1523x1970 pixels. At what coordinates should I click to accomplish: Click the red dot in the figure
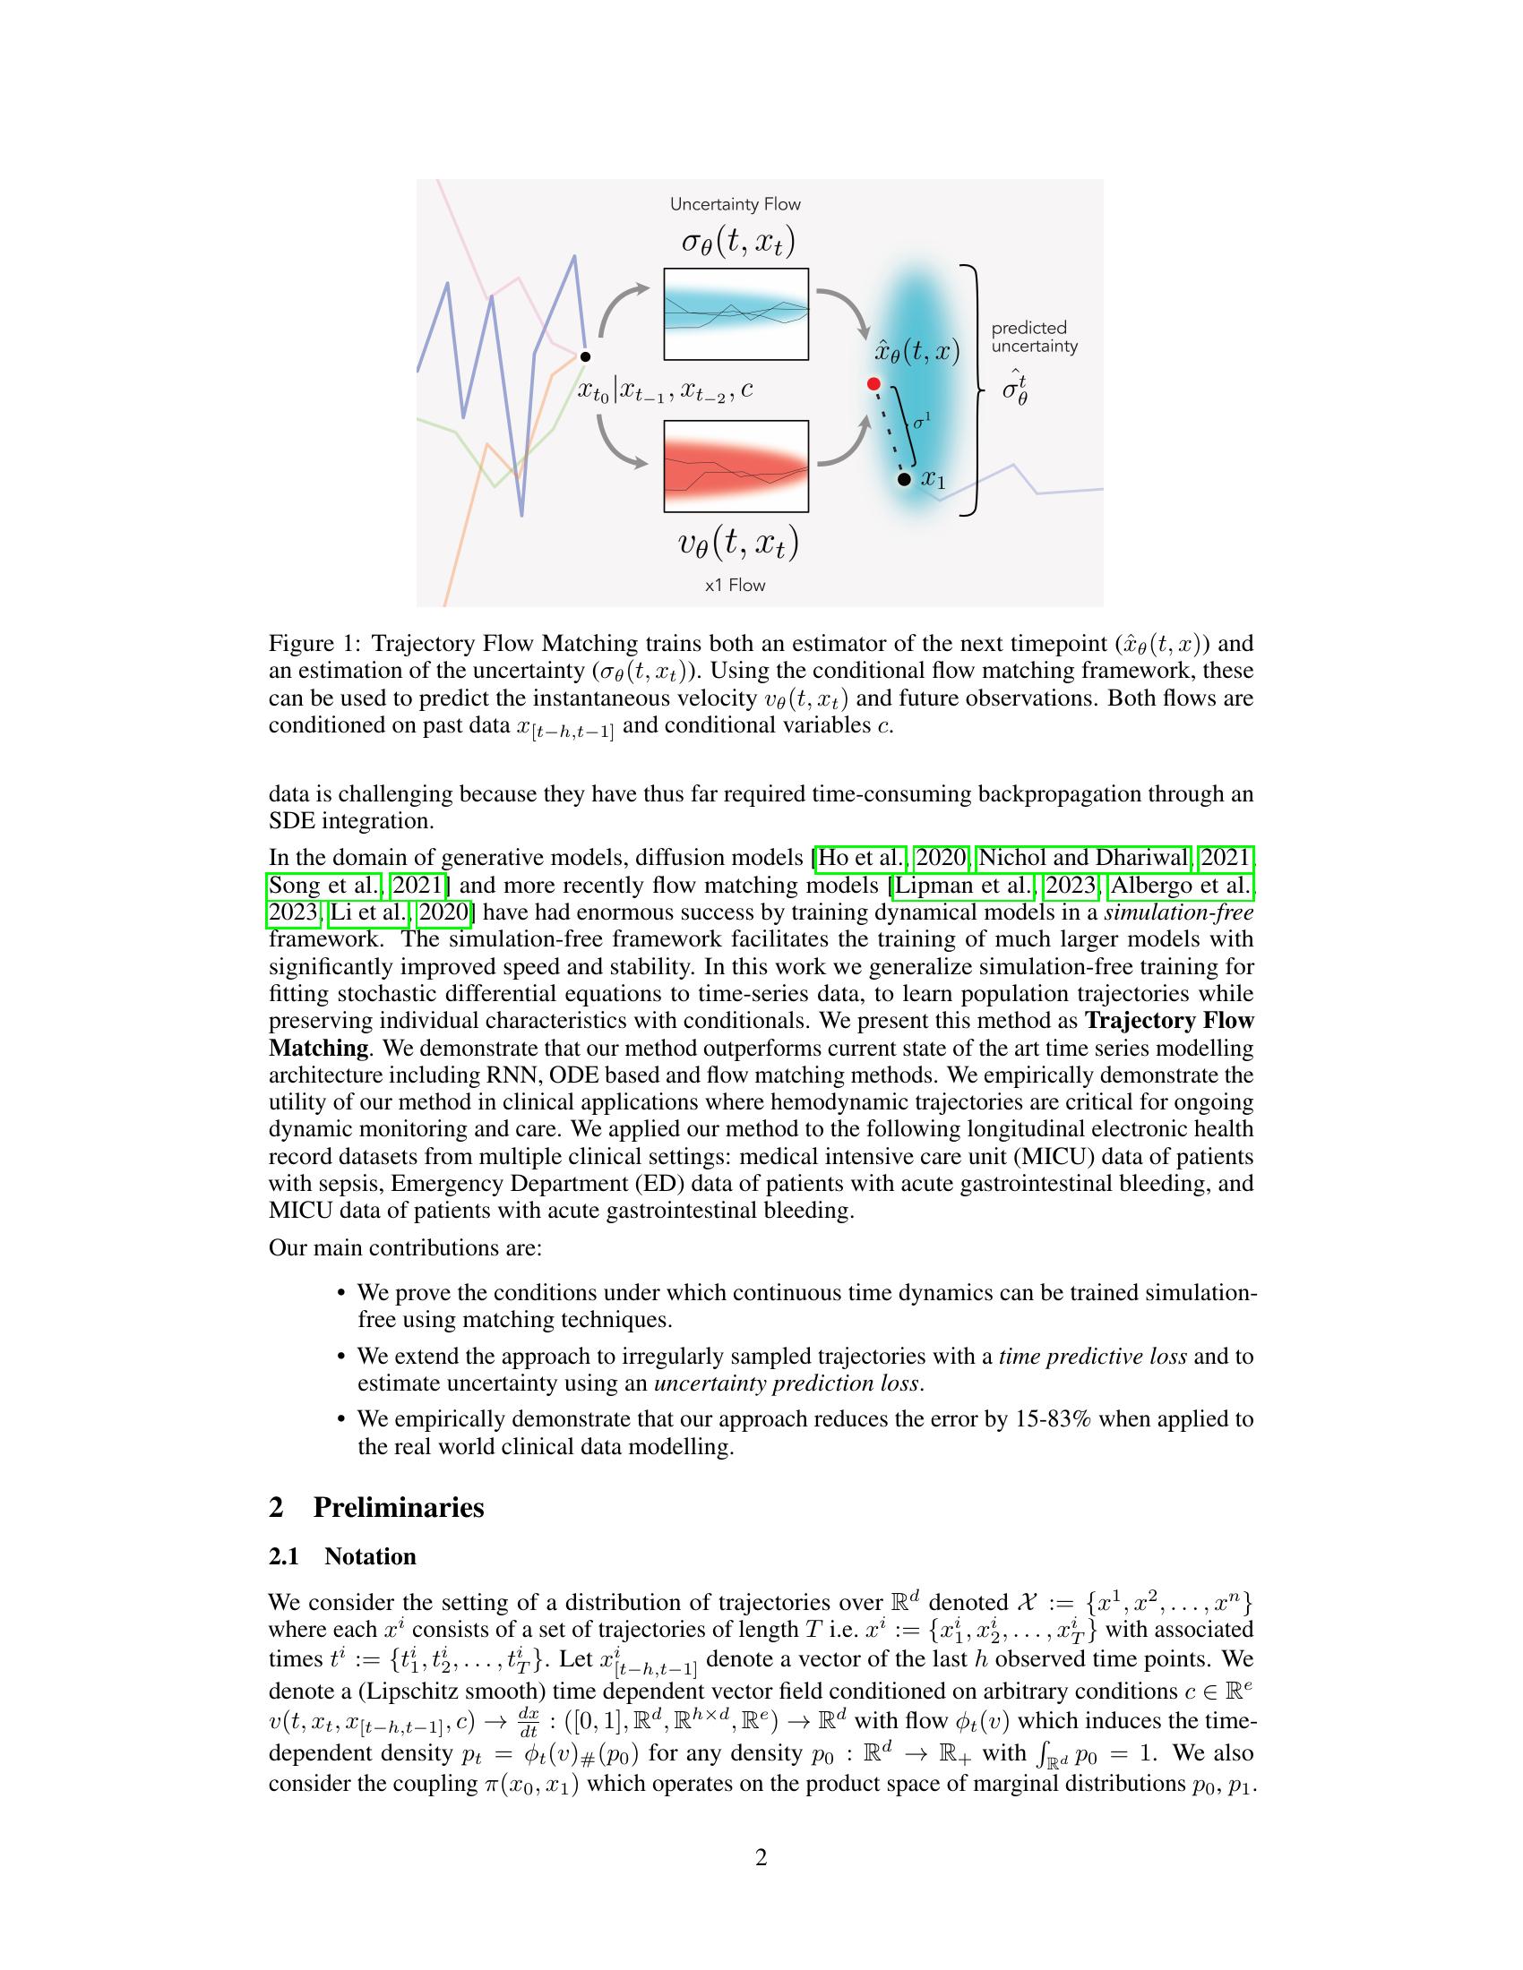(873, 384)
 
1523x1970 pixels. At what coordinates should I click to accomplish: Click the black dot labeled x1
(904, 479)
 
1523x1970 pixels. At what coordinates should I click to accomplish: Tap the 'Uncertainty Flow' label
(735, 205)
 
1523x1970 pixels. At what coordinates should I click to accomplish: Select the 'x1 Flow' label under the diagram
(735, 586)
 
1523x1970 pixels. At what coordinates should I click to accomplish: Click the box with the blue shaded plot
(736, 314)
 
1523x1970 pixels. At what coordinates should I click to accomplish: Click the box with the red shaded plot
(736, 467)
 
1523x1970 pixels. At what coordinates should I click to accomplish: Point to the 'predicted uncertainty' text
(1034, 337)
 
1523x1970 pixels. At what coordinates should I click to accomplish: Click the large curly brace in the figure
(973, 390)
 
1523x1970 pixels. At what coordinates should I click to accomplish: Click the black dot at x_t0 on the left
(585, 357)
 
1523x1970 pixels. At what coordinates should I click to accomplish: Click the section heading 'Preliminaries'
(398, 1507)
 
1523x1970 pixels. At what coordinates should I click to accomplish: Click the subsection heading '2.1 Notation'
(343, 1557)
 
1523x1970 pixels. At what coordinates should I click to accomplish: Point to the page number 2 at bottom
(761, 1858)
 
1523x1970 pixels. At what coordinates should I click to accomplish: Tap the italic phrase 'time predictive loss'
(1092, 1357)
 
